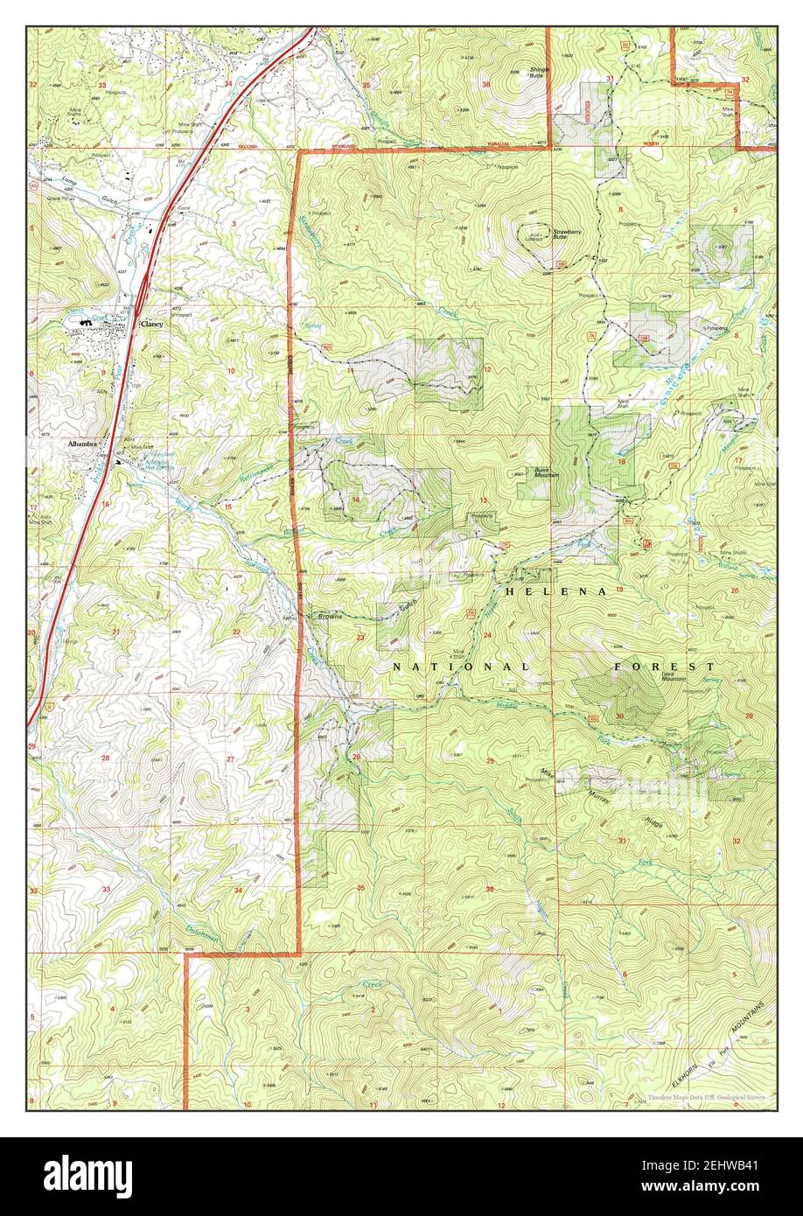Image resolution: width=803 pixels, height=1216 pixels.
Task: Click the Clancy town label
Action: pos(152,324)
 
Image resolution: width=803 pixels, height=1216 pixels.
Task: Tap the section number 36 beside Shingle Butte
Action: pos(485,84)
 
